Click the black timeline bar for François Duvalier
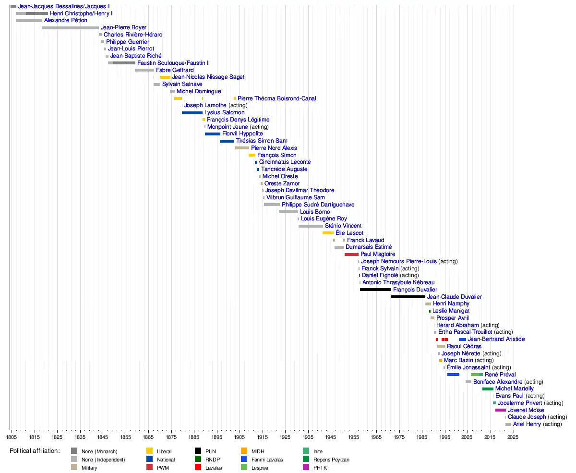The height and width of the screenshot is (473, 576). (375, 290)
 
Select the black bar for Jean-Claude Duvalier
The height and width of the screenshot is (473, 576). (408, 297)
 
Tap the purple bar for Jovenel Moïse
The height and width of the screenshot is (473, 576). (501, 410)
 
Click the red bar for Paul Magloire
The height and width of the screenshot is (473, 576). (351, 254)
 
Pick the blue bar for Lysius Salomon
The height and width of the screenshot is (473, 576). (192, 112)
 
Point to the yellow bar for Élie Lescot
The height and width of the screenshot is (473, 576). (328, 233)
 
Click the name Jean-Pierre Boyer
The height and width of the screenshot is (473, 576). (123, 27)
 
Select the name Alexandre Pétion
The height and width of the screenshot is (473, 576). (66, 21)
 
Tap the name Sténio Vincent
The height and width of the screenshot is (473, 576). (343, 226)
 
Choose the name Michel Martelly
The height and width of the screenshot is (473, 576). (514, 388)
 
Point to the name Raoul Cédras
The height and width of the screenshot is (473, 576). (464, 346)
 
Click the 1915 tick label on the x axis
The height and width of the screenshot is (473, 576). (263, 437)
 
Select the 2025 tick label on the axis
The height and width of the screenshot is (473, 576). (513, 437)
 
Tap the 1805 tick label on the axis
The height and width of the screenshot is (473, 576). (12, 437)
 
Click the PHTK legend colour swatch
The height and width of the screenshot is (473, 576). (306, 468)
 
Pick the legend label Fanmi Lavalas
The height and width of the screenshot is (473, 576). (267, 460)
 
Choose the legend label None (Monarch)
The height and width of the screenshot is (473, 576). (99, 451)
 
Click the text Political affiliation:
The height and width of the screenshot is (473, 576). (35, 451)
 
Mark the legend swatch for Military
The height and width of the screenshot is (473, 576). (74, 468)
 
